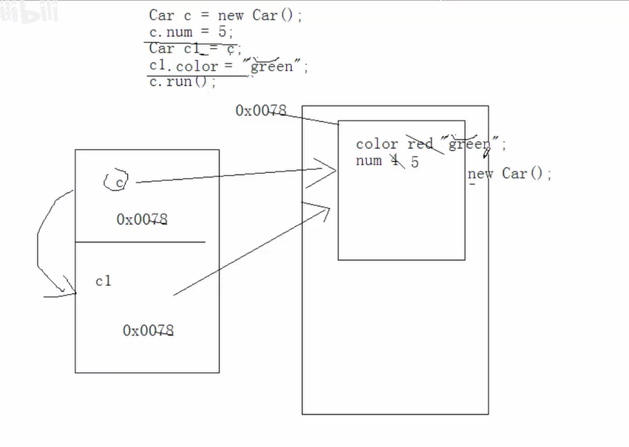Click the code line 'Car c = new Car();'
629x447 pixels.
(x=225, y=16)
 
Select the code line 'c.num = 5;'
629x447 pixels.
(x=191, y=33)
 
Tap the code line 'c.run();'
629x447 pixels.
(x=182, y=82)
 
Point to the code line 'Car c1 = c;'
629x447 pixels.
(x=195, y=50)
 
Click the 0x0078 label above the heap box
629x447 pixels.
(x=260, y=111)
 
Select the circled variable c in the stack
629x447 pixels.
(x=118, y=180)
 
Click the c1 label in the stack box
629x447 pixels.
(x=103, y=281)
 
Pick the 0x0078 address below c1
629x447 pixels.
(x=149, y=330)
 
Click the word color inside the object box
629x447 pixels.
(x=377, y=144)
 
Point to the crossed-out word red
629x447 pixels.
(x=420, y=144)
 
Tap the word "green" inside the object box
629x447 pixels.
(x=470, y=144)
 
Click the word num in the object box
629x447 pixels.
(x=368, y=161)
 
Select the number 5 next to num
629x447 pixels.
(x=415, y=162)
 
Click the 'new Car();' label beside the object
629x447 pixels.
(x=510, y=174)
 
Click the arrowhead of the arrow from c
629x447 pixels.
(x=330, y=169)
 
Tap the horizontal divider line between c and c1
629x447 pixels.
(x=140, y=242)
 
